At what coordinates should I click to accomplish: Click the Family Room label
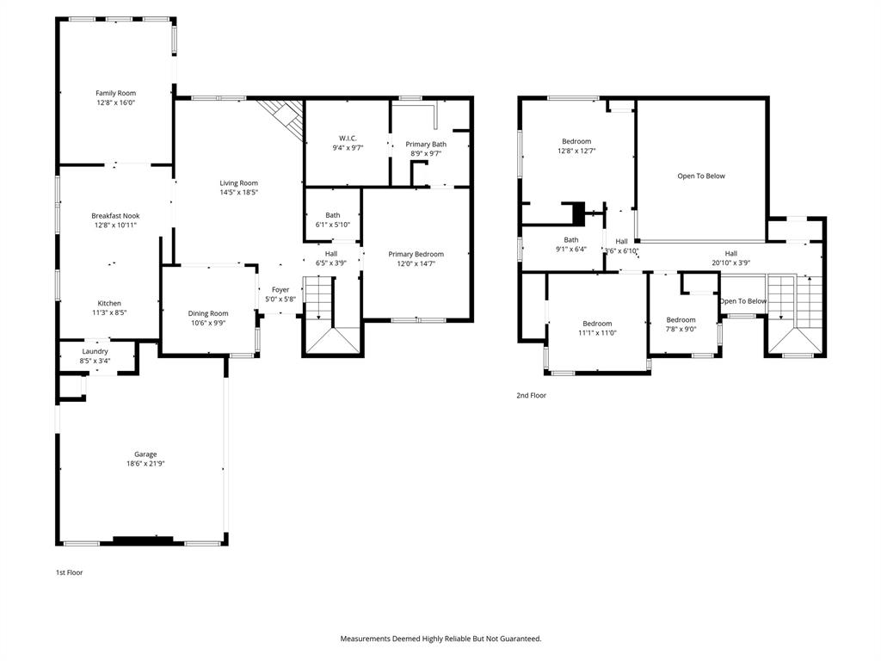click(115, 93)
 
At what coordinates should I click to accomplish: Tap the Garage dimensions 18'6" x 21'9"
click(145, 464)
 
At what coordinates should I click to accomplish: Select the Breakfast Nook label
click(115, 216)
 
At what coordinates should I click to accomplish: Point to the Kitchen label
click(109, 303)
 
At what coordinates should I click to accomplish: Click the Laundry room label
click(95, 351)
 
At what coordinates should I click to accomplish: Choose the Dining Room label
click(208, 313)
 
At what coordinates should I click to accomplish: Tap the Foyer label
click(280, 290)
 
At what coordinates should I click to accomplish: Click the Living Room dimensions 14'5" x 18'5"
click(238, 193)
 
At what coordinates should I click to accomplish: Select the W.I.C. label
click(348, 138)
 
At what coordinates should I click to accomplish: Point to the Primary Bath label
click(426, 144)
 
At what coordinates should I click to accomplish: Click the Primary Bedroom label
click(416, 254)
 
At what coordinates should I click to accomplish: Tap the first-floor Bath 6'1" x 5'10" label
click(333, 215)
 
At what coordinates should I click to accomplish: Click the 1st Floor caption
click(69, 572)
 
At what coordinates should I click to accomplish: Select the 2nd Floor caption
click(531, 396)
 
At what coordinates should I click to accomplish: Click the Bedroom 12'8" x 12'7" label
click(576, 141)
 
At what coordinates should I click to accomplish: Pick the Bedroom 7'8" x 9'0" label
click(681, 319)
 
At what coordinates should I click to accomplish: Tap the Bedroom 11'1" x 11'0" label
click(596, 324)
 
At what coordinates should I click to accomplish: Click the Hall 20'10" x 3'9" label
click(730, 253)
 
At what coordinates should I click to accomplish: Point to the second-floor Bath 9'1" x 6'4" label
click(571, 240)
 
